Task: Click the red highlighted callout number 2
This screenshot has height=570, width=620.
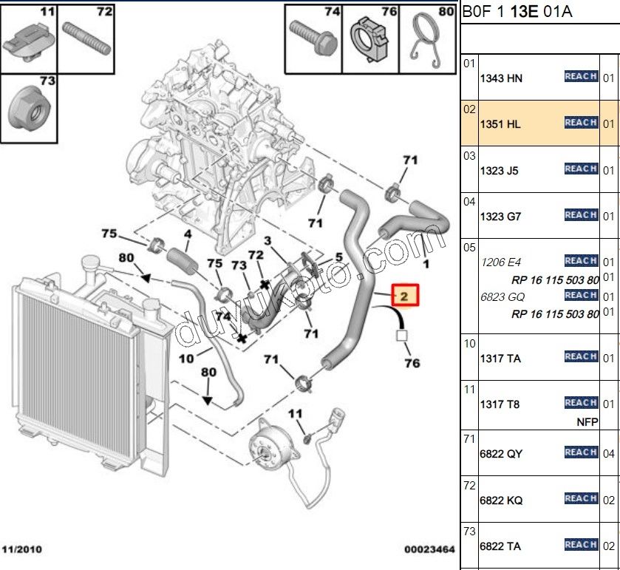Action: point(404,296)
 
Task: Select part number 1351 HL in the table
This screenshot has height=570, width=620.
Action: point(500,124)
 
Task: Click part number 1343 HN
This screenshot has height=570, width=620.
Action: point(501,78)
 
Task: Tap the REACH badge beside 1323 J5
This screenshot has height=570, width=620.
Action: point(580,169)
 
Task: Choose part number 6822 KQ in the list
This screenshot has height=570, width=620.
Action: point(501,500)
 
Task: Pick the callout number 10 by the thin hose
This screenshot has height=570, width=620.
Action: point(185,359)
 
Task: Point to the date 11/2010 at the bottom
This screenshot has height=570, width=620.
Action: point(21,550)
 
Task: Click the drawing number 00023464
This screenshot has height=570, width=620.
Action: point(429,550)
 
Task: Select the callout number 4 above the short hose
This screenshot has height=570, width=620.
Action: point(188,234)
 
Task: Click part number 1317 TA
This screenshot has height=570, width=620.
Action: point(500,359)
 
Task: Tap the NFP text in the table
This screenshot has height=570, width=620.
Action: point(587,422)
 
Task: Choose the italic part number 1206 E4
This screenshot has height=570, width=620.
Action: point(500,262)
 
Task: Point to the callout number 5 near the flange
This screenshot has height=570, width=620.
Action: point(338,257)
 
